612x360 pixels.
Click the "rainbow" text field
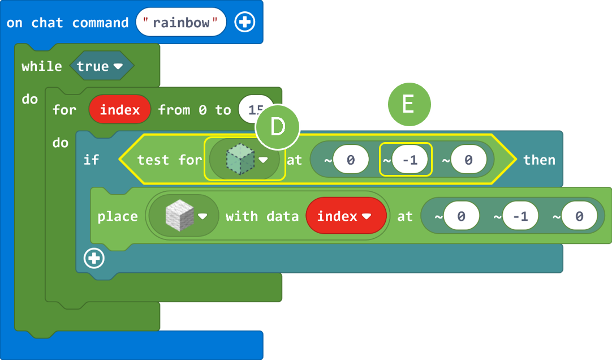point(181,23)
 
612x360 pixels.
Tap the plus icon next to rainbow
point(245,23)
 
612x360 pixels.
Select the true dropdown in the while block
point(101,66)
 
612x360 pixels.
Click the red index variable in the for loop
point(120,109)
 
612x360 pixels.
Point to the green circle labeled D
point(277,127)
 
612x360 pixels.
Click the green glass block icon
point(240,159)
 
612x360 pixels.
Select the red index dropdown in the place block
point(345,216)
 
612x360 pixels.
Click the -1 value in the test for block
point(411,160)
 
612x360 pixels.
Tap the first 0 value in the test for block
point(351,160)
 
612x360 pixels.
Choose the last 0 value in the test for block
point(468,160)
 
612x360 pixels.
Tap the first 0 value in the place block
point(462,216)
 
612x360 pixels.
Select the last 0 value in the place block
point(579,216)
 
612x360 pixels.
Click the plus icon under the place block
point(94,259)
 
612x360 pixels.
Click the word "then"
point(539,160)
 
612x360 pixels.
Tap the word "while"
point(42,66)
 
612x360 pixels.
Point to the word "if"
point(91,160)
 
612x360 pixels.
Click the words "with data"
point(261,216)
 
